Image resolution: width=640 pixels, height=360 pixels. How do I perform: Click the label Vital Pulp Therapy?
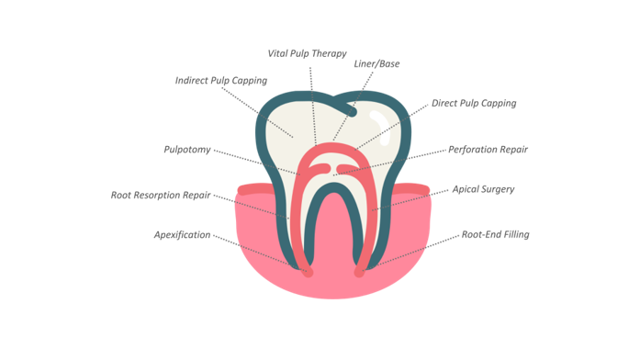(307, 54)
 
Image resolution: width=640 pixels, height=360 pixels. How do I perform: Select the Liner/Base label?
(376, 63)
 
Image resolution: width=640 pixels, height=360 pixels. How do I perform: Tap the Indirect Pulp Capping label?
(221, 81)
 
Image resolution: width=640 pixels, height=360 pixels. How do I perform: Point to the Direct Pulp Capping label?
(474, 103)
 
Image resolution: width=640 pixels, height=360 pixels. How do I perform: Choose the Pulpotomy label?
(187, 150)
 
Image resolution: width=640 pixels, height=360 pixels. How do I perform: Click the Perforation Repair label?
(488, 150)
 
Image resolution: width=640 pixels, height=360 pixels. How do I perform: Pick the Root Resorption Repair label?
(161, 195)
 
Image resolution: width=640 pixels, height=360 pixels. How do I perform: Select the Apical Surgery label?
(483, 189)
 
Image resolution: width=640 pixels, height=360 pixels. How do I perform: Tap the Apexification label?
(183, 235)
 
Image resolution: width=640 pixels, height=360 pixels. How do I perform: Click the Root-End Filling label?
(496, 235)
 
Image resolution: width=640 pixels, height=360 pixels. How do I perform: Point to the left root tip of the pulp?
(309, 272)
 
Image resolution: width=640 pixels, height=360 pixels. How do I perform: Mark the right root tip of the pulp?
(359, 272)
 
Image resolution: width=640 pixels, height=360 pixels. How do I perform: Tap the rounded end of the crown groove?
(352, 111)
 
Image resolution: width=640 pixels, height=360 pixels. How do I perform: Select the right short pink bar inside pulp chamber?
(348, 169)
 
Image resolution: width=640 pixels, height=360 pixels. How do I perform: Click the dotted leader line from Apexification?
(257, 252)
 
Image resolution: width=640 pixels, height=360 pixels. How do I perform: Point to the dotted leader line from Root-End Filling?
(411, 253)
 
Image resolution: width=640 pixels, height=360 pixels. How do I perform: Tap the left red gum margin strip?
(255, 189)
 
